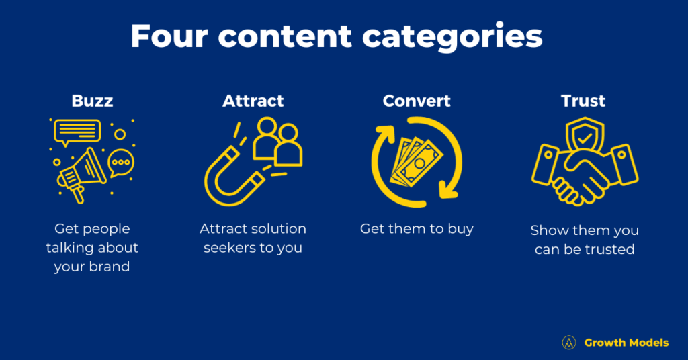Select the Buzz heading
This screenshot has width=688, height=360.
click(x=92, y=101)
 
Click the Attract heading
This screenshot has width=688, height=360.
click(x=253, y=101)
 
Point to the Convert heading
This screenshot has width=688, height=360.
click(x=417, y=101)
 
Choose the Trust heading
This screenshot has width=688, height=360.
click(x=583, y=101)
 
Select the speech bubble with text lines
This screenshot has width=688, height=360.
click(x=77, y=132)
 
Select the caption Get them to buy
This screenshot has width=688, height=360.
click(x=417, y=229)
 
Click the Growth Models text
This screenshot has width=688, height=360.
click(x=626, y=343)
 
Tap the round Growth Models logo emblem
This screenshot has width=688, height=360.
click(x=569, y=343)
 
